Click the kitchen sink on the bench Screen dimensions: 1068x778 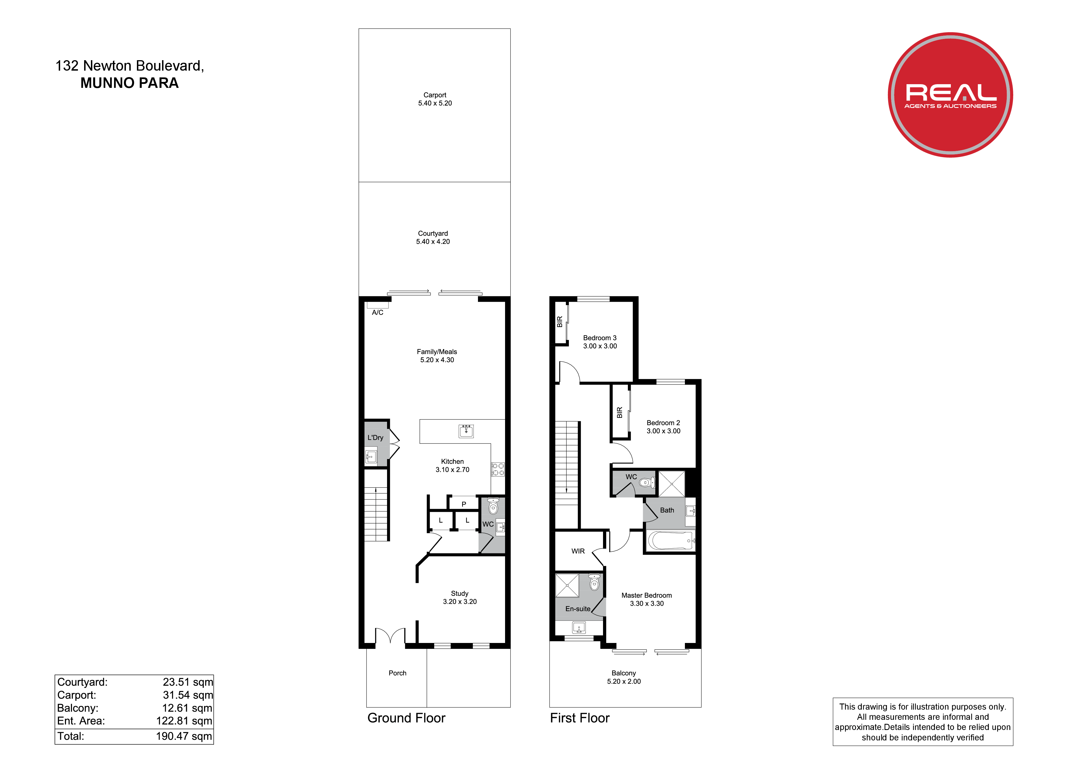(x=466, y=431)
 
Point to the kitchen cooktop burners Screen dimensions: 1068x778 (x=498, y=469)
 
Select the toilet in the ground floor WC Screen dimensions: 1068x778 (x=493, y=506)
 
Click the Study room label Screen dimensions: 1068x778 (x=460, y=593)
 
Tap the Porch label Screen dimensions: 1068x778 (x=398, y=673)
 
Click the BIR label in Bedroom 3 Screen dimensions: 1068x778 (x=560, y=322)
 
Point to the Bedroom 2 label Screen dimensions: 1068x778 (x=663, y=423)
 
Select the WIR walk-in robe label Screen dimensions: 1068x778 (x=578, y=551)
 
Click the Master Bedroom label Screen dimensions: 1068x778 (x=647, y=595)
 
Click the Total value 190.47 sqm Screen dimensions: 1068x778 (x=184, y=736)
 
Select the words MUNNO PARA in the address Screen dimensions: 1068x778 (x=130, y=83)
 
